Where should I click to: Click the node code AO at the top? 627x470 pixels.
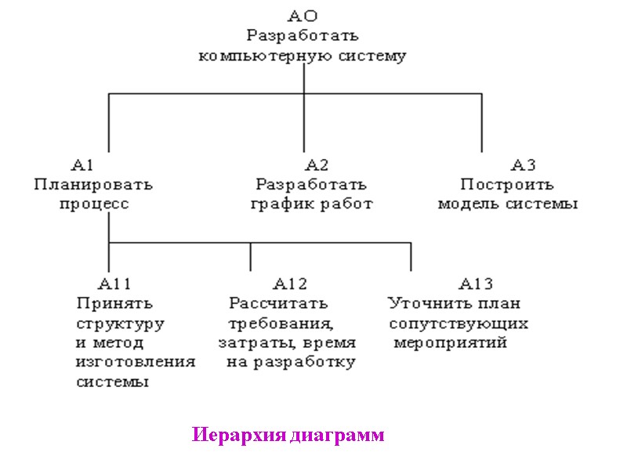coord(303,15)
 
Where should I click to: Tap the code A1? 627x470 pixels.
coord(83,164)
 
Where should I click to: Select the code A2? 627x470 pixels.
coord(317,164)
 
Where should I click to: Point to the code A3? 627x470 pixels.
coord(524,164)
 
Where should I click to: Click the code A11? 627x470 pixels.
coord(115,284)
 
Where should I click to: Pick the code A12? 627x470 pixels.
coord(290,284)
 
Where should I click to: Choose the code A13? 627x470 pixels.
coord(477,284)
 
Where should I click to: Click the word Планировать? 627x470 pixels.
coord(93,185)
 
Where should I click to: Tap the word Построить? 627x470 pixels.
coord(507,185)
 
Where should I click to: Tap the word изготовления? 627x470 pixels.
coord(136,363)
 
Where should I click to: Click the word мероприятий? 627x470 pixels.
coord(451,343)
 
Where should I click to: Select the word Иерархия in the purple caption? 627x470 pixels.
coord(239,436)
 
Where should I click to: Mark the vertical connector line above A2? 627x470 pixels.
coord(303,122)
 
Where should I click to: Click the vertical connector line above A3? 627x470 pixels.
coord(482,122)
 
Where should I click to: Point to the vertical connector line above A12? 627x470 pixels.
coord(251,257)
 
